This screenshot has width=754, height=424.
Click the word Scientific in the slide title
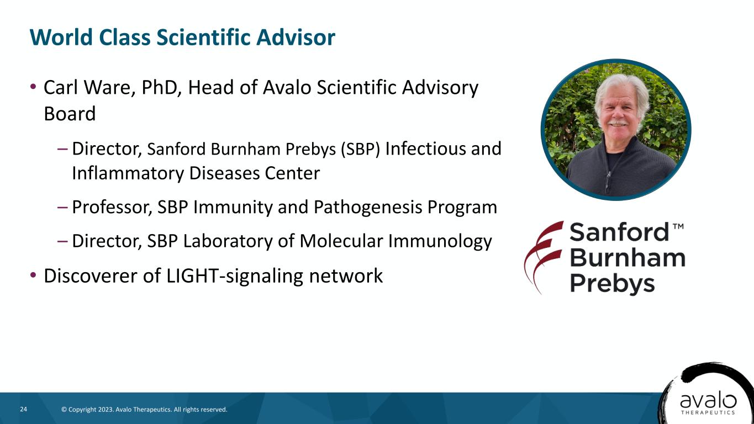pos(203,37)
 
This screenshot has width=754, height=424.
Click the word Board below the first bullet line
pos(70,113)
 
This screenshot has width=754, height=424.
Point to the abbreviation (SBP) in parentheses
pos(360,149)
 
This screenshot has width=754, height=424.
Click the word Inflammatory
pos(128,174)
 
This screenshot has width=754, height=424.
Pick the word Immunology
pos(440,242)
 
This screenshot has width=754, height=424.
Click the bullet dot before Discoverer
pos(33,275)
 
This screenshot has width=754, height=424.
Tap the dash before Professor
pos(62,207)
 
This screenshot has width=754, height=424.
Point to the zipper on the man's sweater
pos(608,178)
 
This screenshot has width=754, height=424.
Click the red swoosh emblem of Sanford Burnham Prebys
pos(542,257)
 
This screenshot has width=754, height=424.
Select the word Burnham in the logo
pos(628,258)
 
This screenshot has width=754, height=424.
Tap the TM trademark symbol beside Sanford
pos(678,226)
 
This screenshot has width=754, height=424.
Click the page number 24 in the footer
pos(24,409)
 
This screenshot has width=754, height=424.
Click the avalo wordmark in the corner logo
pos(708,401)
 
